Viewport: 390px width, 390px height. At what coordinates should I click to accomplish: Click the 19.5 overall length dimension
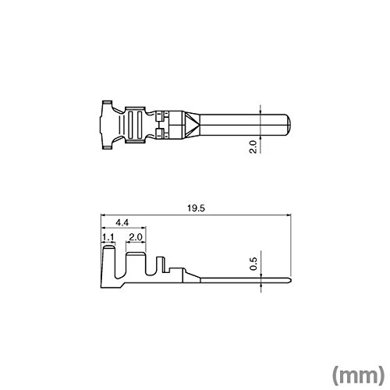[196, 208]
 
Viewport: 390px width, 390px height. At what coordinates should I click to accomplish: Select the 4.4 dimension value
[122, 222]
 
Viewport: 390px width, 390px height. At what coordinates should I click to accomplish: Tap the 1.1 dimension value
[108, 237]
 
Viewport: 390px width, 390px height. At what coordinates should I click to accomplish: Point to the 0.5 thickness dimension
[253, 264]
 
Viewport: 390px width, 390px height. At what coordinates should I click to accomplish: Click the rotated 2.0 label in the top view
[253, 147]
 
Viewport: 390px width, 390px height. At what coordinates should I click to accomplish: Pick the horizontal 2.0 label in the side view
[136, 237]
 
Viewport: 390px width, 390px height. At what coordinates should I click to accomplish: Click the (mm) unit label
[358, 375]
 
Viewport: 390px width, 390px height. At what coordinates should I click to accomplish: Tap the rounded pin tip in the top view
[287, 125]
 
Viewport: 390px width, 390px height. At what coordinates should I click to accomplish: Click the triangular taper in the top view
[193, 125]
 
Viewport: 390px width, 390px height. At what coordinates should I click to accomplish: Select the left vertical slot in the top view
[132, 125]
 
